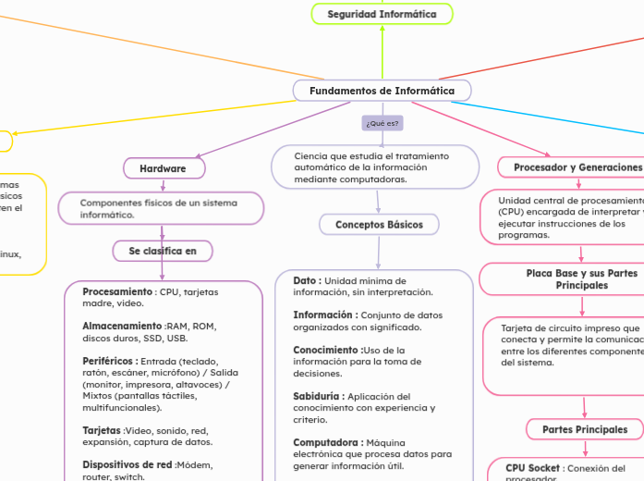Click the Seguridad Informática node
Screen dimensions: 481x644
382,14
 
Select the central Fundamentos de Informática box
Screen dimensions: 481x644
382,91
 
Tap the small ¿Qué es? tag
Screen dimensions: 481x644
383,123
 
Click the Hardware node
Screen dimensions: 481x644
164,168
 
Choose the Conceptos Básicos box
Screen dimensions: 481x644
379,225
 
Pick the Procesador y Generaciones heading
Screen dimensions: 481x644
569,166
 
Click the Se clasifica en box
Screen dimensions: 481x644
163,251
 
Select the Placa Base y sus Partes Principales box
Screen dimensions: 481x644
581,279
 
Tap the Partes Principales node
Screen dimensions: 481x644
584,429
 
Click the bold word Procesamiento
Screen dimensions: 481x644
116,291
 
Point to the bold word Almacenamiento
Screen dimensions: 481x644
122,327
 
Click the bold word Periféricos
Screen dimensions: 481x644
110,361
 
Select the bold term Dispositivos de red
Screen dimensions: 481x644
128,464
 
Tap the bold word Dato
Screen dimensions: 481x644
307,280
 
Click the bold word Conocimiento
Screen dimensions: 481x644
327,350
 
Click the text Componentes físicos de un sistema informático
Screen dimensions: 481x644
158,208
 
